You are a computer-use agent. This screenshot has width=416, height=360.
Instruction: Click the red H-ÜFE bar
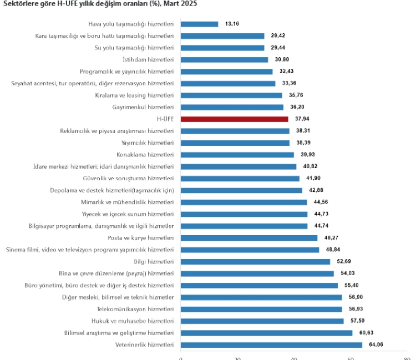click(235, 119)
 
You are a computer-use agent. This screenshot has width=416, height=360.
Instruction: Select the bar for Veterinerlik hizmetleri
click(271, 344)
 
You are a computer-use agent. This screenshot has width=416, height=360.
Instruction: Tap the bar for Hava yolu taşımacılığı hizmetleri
click(200, 24)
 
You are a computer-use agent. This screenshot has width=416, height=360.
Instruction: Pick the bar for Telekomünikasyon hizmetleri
click(261, 309)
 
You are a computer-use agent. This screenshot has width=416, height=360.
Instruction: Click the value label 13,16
click(232, 24)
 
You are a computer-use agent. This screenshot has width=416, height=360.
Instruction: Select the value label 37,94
click(302, 119)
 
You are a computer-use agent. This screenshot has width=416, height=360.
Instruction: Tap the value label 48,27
click(331, 238)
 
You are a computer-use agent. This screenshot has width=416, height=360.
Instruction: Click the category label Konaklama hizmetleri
click(145, 154)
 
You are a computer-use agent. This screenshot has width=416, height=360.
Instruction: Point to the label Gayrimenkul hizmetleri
click(143, 107)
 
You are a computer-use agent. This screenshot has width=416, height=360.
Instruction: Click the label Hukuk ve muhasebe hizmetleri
click(133, 321)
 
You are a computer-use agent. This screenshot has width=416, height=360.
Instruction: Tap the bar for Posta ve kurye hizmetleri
click(249, 238)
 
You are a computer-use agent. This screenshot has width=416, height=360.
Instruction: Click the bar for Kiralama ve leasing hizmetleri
click(231, 95)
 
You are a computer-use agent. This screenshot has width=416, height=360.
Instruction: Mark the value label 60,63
click(366, 333)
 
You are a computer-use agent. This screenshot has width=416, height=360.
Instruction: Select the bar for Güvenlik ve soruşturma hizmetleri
click(240, 178)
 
